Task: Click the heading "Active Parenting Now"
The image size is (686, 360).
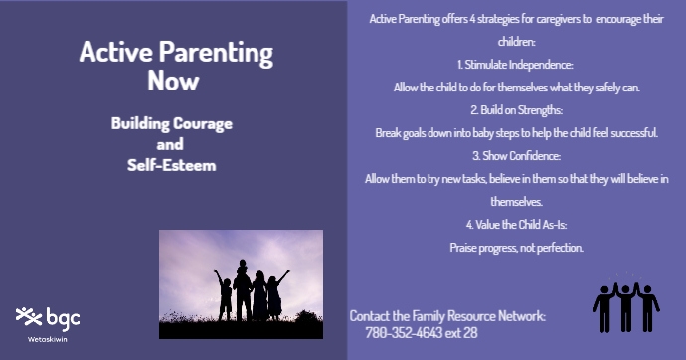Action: pos(176,66)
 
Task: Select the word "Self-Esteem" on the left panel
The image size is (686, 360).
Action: pos(172,164)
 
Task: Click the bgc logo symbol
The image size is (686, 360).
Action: pos(29,317)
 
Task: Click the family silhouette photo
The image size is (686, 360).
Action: pos(241,283)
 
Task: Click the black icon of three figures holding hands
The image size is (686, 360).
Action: pos(625,304)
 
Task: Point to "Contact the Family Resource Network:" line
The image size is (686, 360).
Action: pos(447,315)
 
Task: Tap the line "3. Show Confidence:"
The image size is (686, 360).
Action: pos(516,156)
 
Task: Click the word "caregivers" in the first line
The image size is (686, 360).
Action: pos(557,19)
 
